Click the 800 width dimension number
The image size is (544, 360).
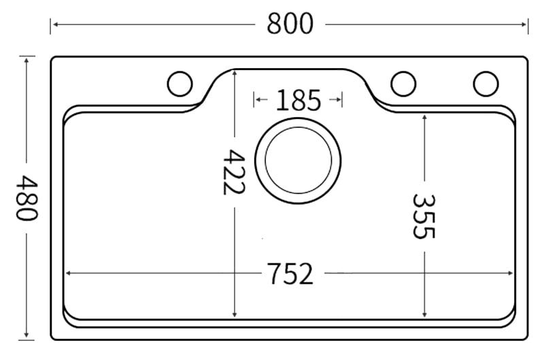pyautogui.click(x=290, y=24)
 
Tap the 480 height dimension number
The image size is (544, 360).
pyautogui.click(x=27, y=197)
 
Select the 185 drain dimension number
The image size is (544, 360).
pyautogui.click(x=299, y=100)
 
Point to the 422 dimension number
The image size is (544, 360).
pyautogui.click(x=234, y=172)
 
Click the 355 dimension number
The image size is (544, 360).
pyautogui.click(x=424, y=216)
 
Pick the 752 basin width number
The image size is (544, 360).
pyautogui.click(x=290, y=274)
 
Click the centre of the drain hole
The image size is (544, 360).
pyautogui.click(x=298, y=161)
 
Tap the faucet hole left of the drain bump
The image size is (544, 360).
pyautogui.click(x=180, y=84)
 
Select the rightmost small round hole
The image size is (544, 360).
pyautogui.click(x=486, y=84)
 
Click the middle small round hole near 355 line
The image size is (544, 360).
pyautogui.click(x=403, y=84)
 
